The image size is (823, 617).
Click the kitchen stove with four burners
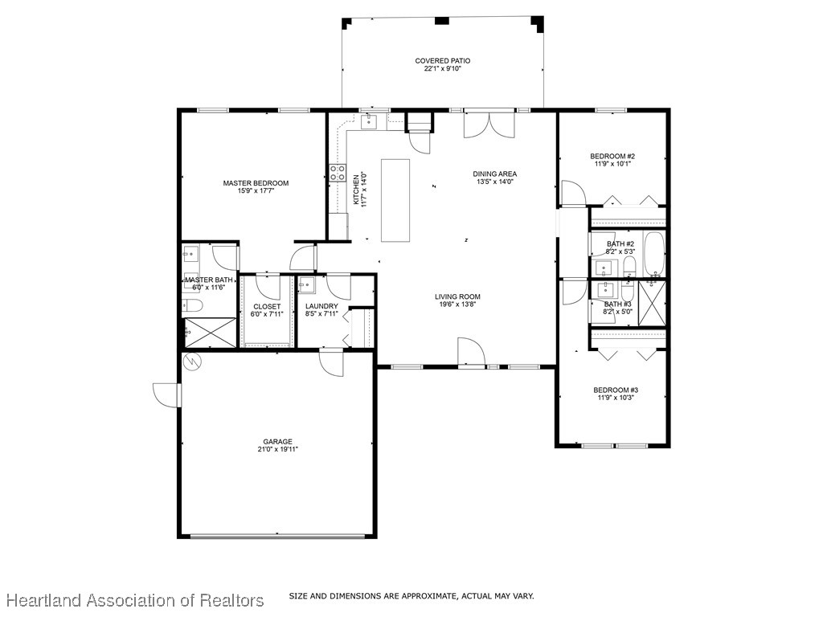337,174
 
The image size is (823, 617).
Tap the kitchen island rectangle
395,200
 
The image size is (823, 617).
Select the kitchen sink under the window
370,121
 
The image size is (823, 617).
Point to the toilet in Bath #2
629,265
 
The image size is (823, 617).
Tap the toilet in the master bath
193,304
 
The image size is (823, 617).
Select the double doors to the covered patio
488,124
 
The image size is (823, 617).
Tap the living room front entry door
470,352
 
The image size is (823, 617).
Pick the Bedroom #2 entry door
572,193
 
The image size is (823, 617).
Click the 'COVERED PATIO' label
442,61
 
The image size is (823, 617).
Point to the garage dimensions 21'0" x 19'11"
277,450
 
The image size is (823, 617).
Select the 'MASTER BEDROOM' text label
256,183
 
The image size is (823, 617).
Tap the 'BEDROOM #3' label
616,390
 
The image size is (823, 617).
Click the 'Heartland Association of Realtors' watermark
135,600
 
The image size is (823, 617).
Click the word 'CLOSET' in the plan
267,307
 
